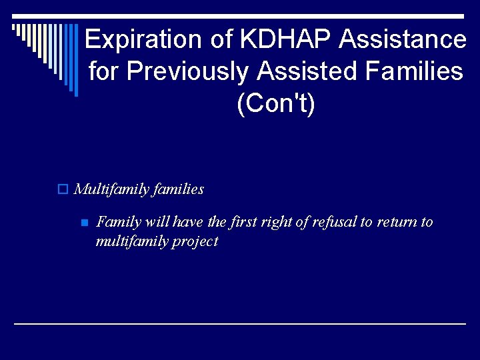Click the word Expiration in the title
143,39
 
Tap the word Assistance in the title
403,39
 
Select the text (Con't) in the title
275,103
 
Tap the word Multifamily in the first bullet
111,189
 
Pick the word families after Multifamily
178,189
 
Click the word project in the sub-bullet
195,241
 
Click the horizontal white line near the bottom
240,323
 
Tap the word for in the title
101,71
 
